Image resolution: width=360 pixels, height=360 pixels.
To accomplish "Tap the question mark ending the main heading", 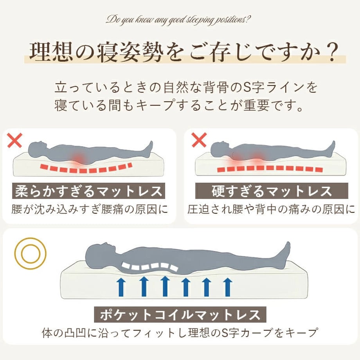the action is (331, 52).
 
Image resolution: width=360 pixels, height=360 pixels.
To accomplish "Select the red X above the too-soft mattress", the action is (15, 140).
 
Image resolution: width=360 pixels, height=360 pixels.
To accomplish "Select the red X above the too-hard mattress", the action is (199, 140).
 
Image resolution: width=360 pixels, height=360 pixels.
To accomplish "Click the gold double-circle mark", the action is (30, 253).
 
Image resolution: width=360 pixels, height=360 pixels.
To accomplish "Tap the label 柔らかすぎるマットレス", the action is (88, 191).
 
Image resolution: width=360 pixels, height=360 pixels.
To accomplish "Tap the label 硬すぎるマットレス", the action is (272, 191).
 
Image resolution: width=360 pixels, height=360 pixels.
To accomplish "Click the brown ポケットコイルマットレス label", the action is (180, 315).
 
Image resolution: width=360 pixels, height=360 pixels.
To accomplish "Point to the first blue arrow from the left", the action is (121, 287).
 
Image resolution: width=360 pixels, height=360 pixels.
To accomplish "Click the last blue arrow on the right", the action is (227, 287).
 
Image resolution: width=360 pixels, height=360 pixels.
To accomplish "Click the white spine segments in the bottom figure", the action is (150, 266).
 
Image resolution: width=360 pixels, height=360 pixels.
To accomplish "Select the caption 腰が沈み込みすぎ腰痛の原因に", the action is (90, 209).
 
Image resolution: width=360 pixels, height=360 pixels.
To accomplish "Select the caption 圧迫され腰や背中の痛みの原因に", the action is (271, 209).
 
